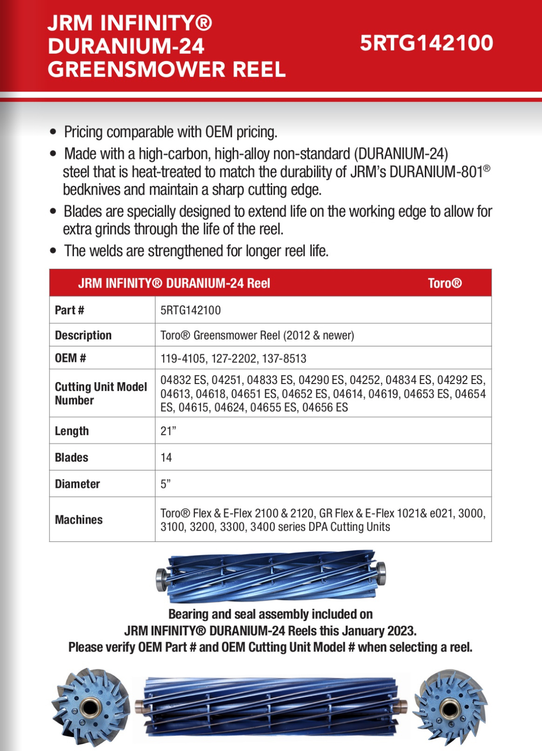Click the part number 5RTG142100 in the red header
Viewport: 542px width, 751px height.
tap(426, 43)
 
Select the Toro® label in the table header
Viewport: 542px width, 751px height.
tap(445, 283)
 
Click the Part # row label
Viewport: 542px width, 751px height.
tap(69, 310)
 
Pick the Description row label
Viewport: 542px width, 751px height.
tap(83, 335)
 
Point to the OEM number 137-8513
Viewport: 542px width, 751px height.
tap(284, 359)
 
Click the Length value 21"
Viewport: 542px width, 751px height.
tap(168, 431)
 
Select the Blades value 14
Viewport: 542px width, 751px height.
tap(166, 457)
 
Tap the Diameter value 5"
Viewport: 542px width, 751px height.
tap(165, 484)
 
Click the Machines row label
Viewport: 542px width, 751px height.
tap(79, 519)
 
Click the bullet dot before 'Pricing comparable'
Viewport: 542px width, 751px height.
tap(53, 132)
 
